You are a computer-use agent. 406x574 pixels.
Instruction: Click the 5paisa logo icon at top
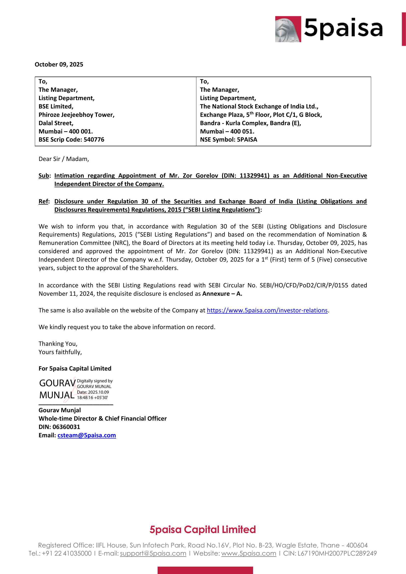(288, 29)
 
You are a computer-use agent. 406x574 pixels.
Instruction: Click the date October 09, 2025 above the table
(59, 65)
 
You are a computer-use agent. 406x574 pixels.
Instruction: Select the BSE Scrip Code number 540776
(94, 139)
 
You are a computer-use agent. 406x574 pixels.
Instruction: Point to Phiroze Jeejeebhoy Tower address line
(77, 115)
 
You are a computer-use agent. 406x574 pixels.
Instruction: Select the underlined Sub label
(44, 176)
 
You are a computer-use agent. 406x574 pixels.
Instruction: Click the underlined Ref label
(43, 201)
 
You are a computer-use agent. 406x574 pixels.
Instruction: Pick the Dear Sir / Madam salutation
(64, 159)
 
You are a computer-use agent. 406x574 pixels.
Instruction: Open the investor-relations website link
(267, 310)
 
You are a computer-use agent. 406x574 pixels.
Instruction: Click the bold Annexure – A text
(222, 294)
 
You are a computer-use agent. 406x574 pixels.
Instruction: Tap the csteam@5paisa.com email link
(86, 435)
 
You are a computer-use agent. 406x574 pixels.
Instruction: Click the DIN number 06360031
(66, 427)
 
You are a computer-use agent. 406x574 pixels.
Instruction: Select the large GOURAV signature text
(57, 383)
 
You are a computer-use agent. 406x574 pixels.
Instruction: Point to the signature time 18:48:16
(85, 398)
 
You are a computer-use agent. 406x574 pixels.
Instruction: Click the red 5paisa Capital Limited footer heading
(203, 530)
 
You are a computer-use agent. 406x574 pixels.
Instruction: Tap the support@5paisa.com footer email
(153, 553)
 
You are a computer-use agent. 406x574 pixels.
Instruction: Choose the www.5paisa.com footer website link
(248, 553)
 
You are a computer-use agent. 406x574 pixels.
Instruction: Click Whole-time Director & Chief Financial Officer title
(103, 419)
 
